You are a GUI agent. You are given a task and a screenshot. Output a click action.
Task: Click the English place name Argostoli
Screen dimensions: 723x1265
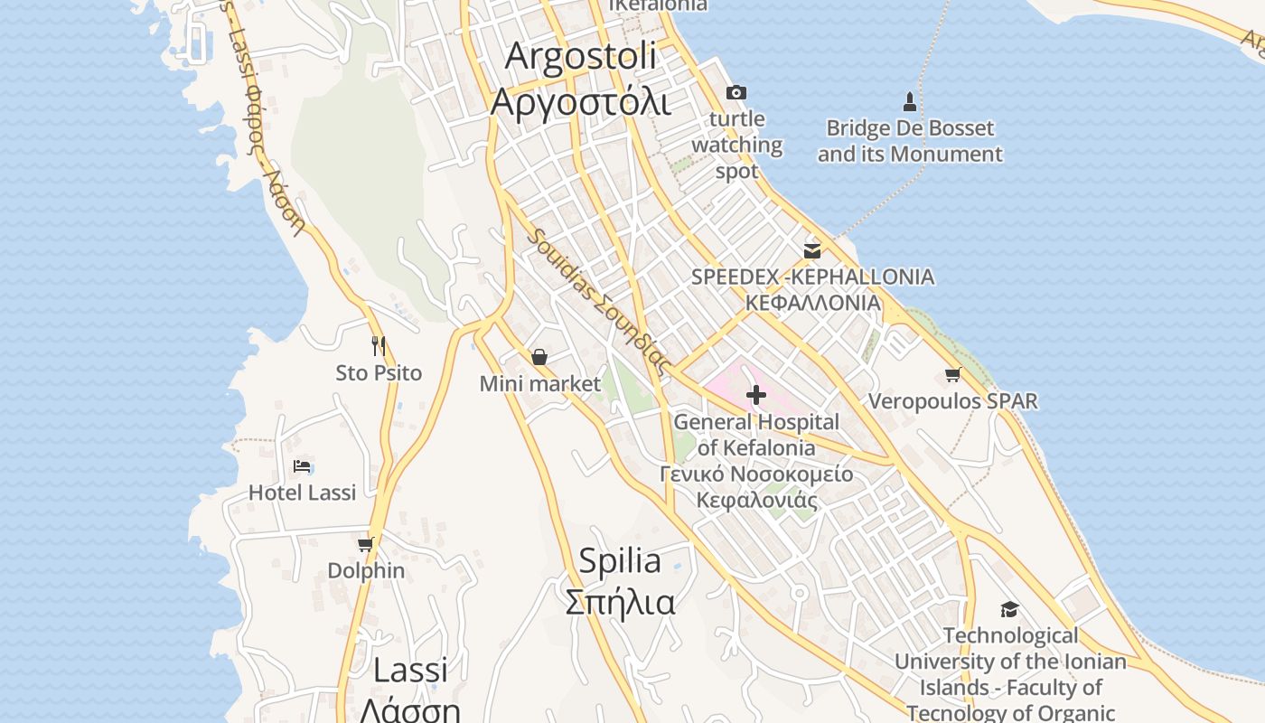[580, 56]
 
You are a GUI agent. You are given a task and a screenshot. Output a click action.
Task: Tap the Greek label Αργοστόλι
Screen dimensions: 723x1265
[580, 100]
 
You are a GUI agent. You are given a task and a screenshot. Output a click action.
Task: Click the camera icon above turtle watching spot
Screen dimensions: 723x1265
[736, 92]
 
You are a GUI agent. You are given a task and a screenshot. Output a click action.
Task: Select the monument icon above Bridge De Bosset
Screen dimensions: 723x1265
[910, 101]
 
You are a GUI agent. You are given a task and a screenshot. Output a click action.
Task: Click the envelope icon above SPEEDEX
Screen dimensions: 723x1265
[812, 250]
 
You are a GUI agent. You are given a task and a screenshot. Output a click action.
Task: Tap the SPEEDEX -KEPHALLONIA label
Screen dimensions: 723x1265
[812, 277]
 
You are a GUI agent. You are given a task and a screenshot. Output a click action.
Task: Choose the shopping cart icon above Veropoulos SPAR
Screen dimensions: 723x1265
[952, 374]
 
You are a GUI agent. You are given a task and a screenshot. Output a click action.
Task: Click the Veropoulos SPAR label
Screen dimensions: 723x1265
[952, 400]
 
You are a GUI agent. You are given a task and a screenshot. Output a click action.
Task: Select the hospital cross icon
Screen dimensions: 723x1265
[756, 395]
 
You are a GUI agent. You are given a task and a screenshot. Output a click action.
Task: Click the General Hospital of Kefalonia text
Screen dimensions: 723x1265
[756, 434]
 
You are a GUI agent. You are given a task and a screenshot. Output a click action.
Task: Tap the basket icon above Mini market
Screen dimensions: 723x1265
[539, 358]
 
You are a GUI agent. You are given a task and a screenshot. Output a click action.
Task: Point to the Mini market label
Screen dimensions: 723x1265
[539, 384]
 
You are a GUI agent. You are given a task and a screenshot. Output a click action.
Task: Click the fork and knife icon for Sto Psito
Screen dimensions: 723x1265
[379, 345]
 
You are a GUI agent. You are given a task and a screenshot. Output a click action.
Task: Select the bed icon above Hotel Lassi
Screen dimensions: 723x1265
[302, 466]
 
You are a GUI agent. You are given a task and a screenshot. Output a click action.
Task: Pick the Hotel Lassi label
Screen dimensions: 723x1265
[302, 493]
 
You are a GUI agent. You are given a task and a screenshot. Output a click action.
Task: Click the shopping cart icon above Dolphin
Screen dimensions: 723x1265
[365, 544]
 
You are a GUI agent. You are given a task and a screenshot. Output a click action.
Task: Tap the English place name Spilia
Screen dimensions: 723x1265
[619, 561]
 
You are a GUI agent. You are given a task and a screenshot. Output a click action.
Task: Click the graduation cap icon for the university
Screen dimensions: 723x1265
[1009, 610]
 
